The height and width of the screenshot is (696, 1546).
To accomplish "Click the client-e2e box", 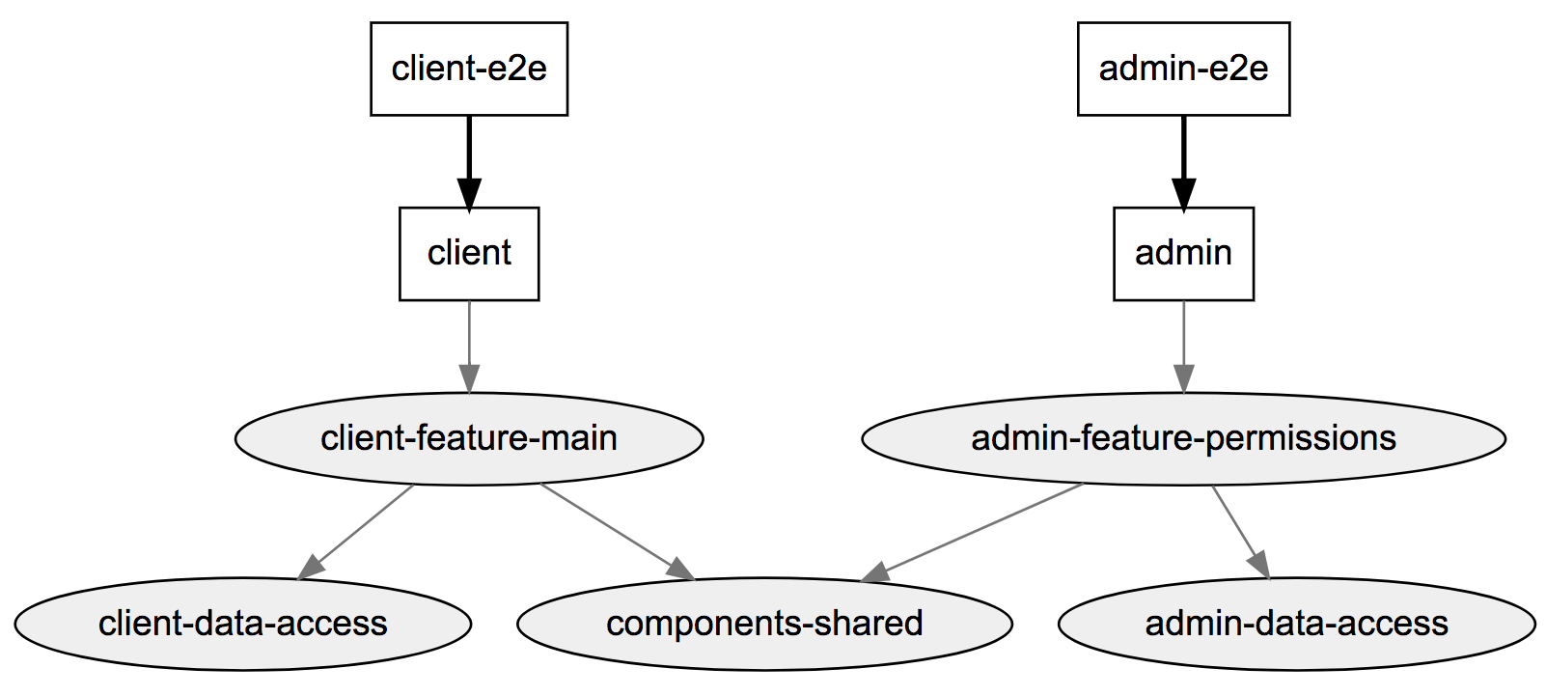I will tap(469, 69).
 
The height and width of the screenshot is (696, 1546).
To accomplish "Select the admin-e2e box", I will tap(1183, 69).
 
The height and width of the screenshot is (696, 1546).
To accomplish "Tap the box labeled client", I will tap(469, 253).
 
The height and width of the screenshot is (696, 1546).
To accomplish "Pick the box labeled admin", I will tap(1183, 253).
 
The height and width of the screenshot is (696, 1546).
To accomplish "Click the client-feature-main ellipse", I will tap(469, 438).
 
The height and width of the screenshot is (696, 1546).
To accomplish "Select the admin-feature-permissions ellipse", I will tap(1183, 438).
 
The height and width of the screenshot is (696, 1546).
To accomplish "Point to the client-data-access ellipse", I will tap(242, 624).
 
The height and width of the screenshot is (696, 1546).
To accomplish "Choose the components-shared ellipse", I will tap(764, 624).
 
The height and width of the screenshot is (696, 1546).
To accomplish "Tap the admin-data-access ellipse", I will tap(1296, 624).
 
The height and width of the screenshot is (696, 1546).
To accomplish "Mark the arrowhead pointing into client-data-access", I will tap(311, 568).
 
